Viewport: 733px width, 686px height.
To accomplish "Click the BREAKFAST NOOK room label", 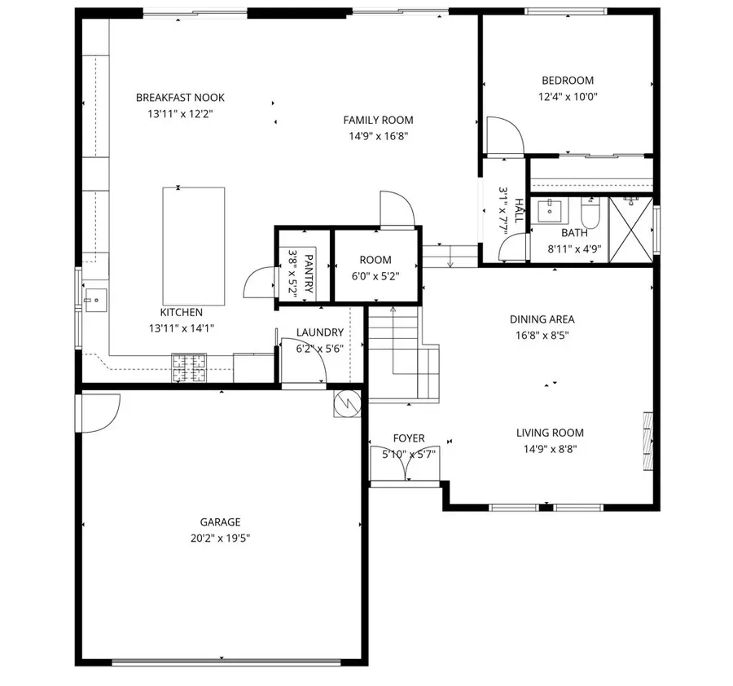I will (x=180, y=98).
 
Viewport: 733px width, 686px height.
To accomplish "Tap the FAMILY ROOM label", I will (x=378, y=120).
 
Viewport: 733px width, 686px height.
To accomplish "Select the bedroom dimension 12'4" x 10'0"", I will (x=567, y=96).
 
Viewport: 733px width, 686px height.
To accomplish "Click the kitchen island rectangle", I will (x=194, y=244).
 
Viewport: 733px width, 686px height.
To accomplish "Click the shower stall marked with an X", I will (x=631, y=228).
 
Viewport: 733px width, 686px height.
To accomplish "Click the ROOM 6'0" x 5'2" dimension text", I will (x=375, y=277).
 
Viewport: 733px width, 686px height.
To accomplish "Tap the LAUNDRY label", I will (x=319, y=332).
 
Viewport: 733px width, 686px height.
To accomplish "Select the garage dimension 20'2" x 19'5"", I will (x=220, y=538).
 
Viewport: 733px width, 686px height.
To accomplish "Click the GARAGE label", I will (x=220, y=522).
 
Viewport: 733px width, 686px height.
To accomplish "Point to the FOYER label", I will (x=408, y=438).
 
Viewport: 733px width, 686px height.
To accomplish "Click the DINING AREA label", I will (x=542, y=319).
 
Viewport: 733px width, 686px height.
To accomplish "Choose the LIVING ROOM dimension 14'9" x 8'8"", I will (x=550, y=448).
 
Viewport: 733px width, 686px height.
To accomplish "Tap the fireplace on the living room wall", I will (x=648, y=440).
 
